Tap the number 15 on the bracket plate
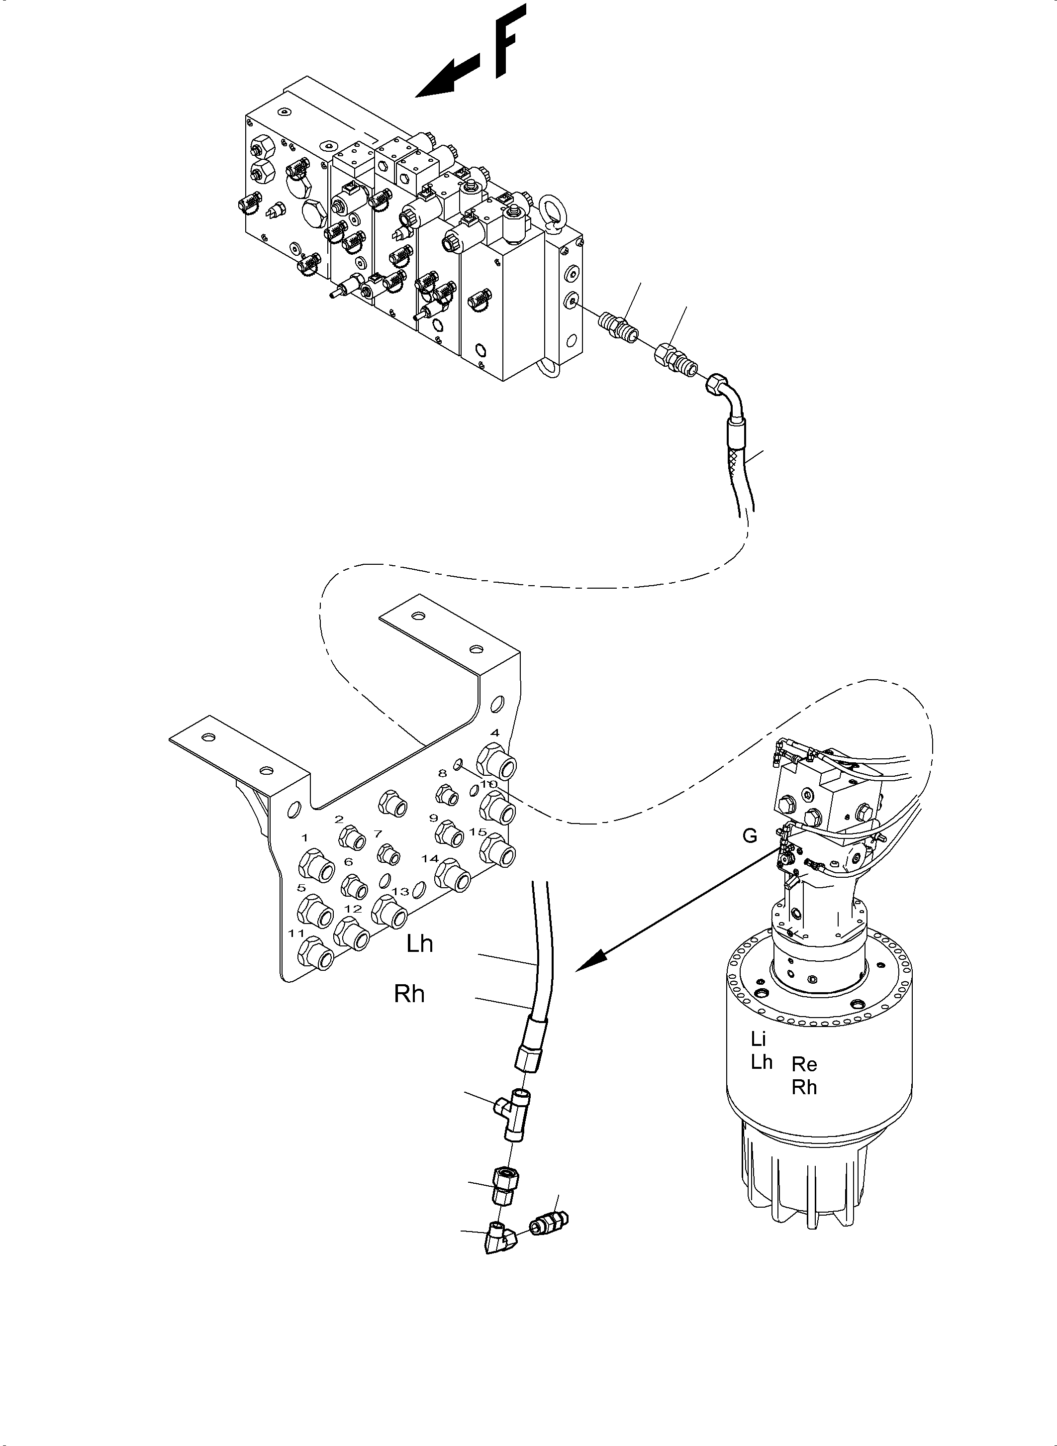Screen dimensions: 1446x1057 [x=478, y=832]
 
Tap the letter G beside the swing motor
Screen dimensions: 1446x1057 [x=749, y=836]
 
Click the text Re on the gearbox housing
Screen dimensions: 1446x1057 [x=804, y=1064]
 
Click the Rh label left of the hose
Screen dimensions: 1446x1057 [x=409, y=994]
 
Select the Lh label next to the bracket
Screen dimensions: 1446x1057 [x=420, y=943]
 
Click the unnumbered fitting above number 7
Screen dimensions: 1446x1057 [x=393, y=803]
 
